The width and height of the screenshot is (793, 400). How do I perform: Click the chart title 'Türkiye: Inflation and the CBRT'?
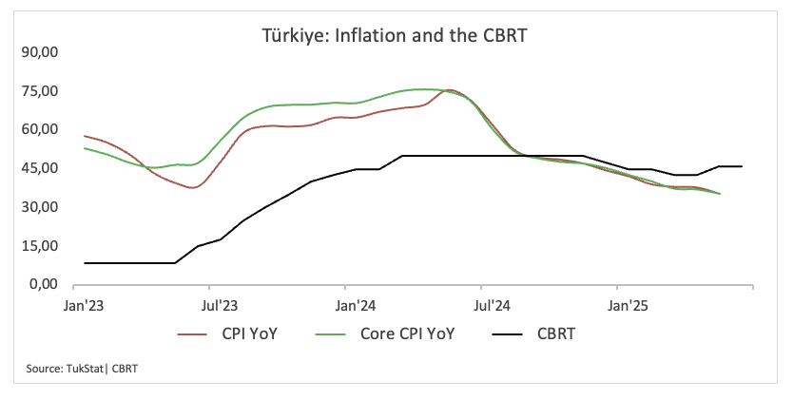[395, 36]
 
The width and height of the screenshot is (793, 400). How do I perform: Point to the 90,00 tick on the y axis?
[40, 52]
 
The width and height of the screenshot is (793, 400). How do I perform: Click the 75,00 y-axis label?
[40, 91]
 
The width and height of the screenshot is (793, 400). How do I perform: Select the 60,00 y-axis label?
[40, 129]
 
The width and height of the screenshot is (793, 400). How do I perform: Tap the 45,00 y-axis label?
[40, 168]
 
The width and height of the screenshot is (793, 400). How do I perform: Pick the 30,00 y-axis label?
[40, 207]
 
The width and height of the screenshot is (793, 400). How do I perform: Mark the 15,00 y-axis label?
[40, 246]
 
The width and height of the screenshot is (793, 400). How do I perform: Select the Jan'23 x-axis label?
[84, 306]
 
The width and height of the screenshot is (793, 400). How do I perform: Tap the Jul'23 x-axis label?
[220, 306]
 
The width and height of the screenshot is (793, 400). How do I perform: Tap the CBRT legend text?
[554, 334]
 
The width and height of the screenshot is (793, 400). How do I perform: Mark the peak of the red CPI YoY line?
[451, 90]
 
